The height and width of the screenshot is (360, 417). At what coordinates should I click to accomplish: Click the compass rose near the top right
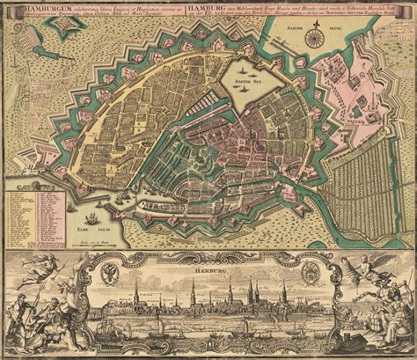coord(314,35)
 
